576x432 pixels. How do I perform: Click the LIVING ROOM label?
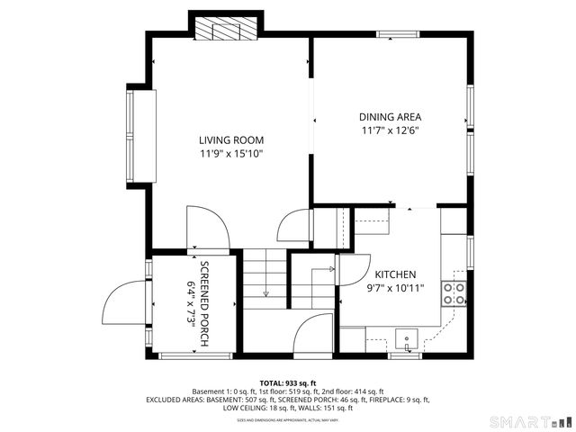point(230,139)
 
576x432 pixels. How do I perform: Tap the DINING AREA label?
point(391,117)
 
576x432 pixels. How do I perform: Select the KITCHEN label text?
point(395,274)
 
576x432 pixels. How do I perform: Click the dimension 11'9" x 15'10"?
point(230,154)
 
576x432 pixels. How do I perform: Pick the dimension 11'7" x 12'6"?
point(391,130)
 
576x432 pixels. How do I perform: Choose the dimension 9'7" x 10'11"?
point(395,289)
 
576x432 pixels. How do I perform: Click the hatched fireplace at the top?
point(226,29)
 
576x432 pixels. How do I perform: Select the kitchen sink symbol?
point(408,340)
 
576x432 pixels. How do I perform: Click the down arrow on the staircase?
point(266,292)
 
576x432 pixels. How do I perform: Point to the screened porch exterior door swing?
point(121,305)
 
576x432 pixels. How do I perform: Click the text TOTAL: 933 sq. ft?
point(288,382)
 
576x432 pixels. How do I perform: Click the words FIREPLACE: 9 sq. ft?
point(400,400)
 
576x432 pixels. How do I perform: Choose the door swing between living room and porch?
point(203,226)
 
